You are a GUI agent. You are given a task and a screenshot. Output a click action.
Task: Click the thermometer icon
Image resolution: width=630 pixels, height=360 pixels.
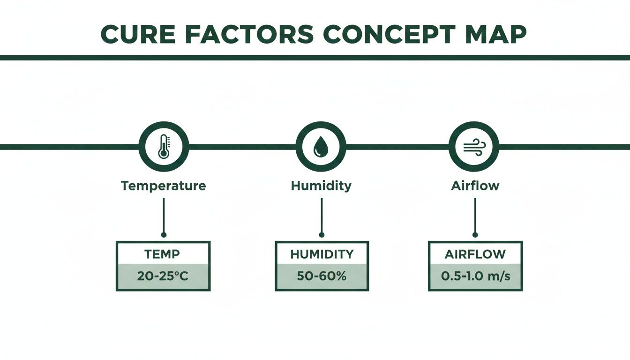click(164, 147)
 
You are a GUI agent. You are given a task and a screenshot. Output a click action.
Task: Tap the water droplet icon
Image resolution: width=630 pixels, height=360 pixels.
click(321, 147)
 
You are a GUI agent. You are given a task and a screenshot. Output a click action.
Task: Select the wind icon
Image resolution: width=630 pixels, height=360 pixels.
click(473, 147)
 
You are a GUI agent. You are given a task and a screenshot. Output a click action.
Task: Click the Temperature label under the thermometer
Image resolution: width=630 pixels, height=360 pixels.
click(163, 186)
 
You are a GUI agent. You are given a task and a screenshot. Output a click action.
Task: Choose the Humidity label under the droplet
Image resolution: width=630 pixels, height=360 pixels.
click(321, 186)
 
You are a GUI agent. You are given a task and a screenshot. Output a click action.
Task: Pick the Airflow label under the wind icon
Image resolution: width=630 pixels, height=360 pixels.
click(475, 186)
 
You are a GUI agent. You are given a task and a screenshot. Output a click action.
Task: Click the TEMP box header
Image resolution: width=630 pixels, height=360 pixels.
click(163, 255)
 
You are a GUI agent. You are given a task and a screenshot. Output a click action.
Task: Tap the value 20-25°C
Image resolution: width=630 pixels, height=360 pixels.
click(163, 277)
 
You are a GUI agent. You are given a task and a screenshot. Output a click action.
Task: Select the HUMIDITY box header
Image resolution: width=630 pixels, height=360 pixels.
click(322, 255)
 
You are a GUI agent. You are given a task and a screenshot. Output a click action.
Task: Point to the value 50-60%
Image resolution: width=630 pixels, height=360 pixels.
click(322, 277)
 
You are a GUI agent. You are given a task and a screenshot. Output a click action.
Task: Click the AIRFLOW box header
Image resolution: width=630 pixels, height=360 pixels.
click(475, 255)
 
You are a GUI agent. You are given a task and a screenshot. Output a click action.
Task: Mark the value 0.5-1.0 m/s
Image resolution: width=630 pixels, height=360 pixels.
click(475, 277)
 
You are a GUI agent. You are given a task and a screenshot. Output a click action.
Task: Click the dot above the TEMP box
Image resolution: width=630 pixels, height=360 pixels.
click(163, 234)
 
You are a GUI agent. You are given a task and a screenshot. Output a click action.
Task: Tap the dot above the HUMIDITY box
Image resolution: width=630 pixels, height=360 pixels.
click(321, 234)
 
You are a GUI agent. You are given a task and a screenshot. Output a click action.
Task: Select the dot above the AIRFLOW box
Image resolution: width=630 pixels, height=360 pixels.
click(475, 234)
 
